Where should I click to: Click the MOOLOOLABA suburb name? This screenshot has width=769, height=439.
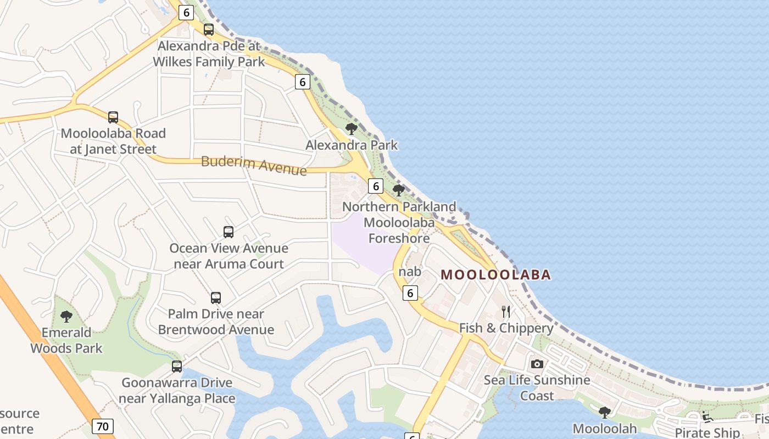(x=495, y=274)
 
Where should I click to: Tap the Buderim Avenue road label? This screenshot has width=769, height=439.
(x=254, y=165)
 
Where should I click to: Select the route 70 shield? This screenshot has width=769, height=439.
(x=103, y=426)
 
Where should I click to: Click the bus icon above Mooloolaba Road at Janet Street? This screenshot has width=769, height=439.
(x=113, y=117)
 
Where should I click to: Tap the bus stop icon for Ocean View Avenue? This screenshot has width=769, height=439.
(x=229, y=232)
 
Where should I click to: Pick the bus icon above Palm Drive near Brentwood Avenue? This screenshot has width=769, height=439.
(x=216, y=298)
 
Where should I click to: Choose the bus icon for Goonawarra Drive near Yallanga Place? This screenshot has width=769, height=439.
(x=177, y=367)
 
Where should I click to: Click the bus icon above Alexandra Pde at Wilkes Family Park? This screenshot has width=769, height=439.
(x=209, y=30)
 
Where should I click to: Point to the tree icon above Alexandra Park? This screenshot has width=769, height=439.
(x=352, y=129)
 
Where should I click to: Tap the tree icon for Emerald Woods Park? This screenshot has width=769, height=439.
(x=66, y=317)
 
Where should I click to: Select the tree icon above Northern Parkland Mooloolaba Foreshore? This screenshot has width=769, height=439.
(x=399, y=190)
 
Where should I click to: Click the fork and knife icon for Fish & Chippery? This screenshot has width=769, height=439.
(x=506, y=312)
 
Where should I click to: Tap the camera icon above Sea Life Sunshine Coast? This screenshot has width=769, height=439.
(x=537, y=364)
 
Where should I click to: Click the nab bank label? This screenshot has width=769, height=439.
(x=410, y=272)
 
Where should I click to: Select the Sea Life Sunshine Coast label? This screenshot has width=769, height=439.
(x=537, y=387)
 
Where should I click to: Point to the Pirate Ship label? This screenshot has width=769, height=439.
(x=707, y=432)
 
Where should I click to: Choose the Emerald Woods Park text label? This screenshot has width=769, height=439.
(x=66, y=340)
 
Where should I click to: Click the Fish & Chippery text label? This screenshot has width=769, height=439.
(x=506, y=328)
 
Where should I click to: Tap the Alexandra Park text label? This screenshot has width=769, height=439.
(x=352, y=145)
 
